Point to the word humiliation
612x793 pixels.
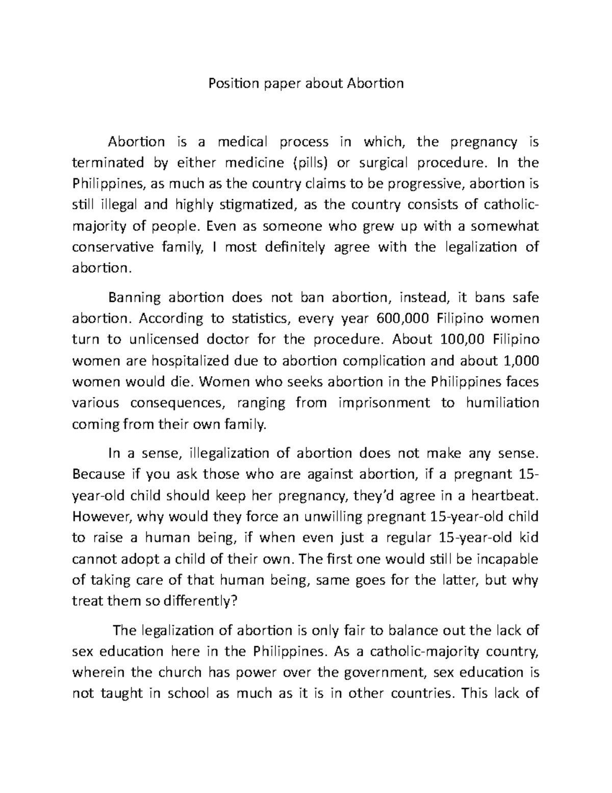[x=502, y=403]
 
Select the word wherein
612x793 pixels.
[x=98, y=672]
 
